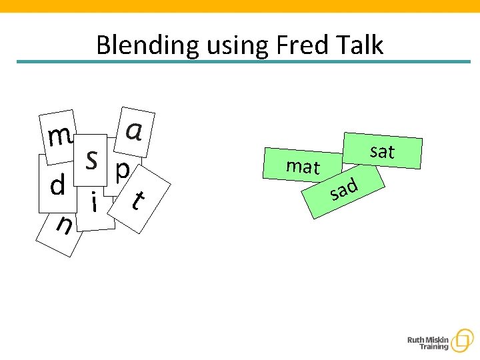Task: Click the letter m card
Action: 59,136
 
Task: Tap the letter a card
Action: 134,131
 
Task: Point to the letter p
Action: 123,171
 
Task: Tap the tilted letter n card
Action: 63,227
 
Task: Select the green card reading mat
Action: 303,167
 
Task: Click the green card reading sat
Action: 383,152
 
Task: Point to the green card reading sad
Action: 344,190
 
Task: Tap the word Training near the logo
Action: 433,348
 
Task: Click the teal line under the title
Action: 243,62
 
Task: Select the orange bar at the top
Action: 240,6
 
